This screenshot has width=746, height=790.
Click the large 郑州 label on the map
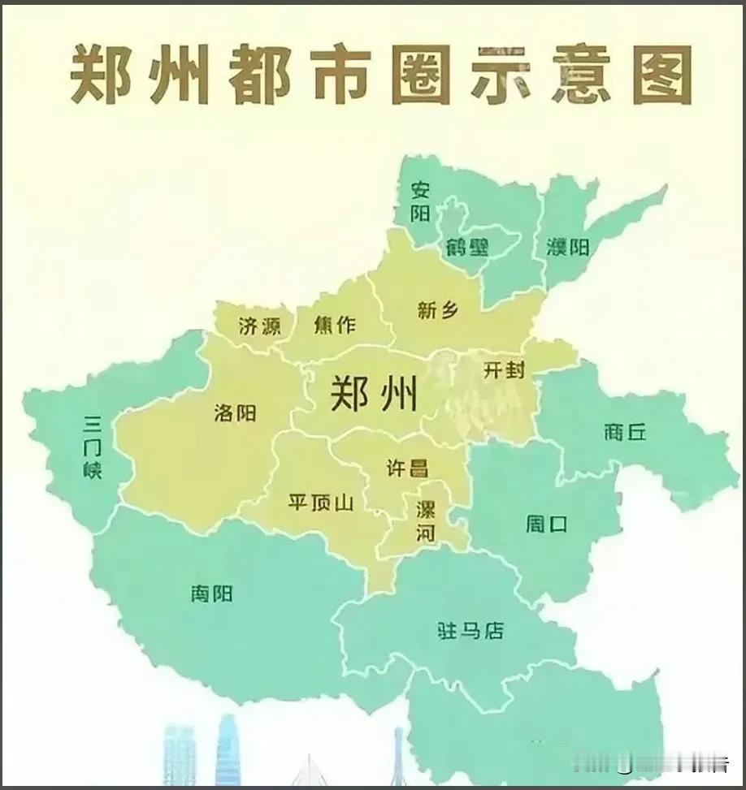coord(374,395)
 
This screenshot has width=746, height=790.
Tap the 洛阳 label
coord(235,413)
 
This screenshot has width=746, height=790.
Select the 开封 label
coord(504,370)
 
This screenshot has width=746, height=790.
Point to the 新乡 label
coord(439,310)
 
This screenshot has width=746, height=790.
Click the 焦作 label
coord(335,325)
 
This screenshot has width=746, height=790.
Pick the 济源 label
coord(260,326)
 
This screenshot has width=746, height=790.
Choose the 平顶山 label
coord(321,503)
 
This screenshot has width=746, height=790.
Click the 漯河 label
coord(426,521)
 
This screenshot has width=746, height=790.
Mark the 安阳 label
coord(420,201)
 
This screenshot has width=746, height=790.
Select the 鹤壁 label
coord(467,248)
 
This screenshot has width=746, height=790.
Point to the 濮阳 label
coord(568,247)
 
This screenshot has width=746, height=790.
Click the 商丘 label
coord(625,432)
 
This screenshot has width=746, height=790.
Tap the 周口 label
coord(546,525)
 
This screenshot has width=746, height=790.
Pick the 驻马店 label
coord(471,630)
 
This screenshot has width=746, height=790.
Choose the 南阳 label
coord(211,594)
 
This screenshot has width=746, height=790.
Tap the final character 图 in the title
coord(662,75)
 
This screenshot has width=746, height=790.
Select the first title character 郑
coord(98,75)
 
